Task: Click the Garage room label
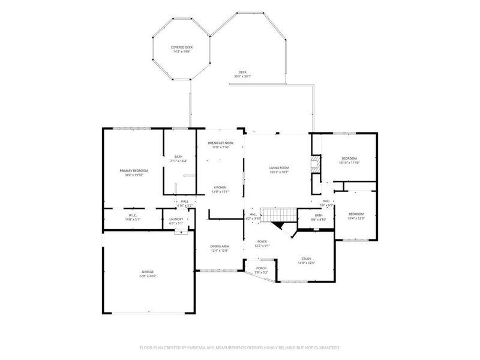click(x=148, y=274)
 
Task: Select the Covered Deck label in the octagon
click(x=181, y=49)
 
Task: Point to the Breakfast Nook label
click(x=220, y=145)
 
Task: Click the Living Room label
click(x=280, y=170)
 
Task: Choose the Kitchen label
click(x=220, y=190)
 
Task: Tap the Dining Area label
click(x=220, y=248)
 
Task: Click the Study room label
click(x=307, y=261)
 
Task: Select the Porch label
click(x=262, y=270)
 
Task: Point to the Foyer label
click(x=263, y=243)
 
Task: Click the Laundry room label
click(x=176, y=221)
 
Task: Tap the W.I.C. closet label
click(x=133, y=218)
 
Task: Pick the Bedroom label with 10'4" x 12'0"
click(x=356, y=216)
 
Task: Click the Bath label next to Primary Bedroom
click(x=178, y=159)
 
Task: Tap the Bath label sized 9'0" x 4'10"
click(x=319, y=217)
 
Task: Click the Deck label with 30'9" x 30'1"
click(x=242, y=74)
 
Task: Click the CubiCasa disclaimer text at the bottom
click(x=240, y=347)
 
